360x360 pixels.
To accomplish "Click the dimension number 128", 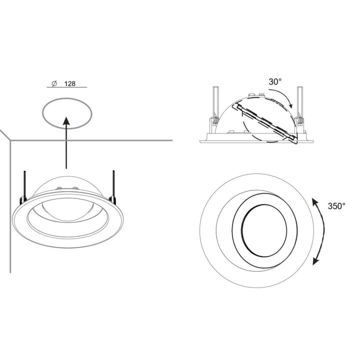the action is (70, 83).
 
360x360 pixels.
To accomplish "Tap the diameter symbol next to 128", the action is (54, 83).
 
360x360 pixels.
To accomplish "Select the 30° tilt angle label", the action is (275, 81).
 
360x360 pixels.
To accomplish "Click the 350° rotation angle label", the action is (336, 206).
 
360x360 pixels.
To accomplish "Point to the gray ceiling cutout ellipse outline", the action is (42, 113).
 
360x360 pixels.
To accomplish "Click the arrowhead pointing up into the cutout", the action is (66, 121).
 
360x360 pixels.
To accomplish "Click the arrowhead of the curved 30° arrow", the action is (291, 105).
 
